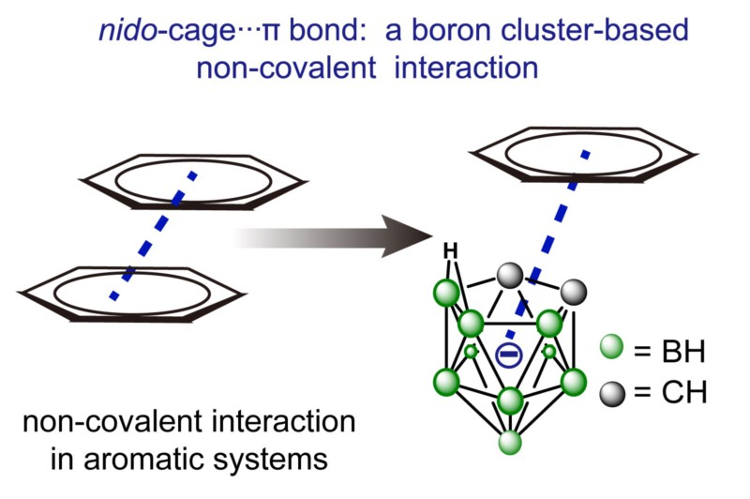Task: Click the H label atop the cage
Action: (450, 250)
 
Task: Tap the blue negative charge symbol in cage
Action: (507, 355)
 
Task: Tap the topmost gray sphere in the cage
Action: (509, 275)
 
